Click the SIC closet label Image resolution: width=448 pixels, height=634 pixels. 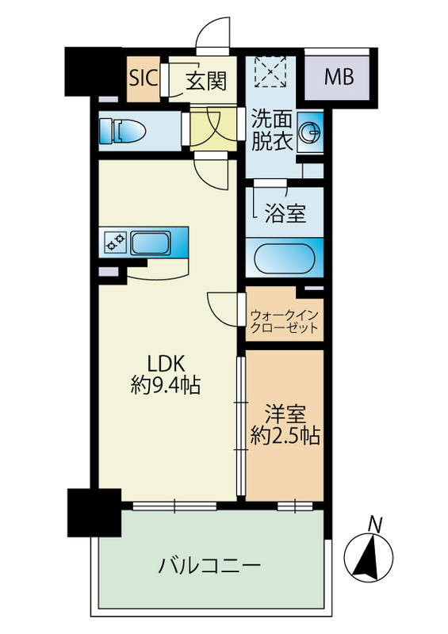click(x=144, y=78)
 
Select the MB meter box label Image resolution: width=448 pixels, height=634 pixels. click(x=339, y=78)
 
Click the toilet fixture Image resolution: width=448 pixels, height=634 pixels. click(x=124, y=131)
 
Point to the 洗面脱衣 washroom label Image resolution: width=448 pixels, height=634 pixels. click(x=272, y=132)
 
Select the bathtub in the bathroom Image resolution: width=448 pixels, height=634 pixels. click(x=285, y=258)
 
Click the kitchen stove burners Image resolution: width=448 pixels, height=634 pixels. click(x=116, y=242)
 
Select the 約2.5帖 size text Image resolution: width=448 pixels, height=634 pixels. click(x=285, y=435)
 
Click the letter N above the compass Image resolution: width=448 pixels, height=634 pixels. click(x=375, y=523)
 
